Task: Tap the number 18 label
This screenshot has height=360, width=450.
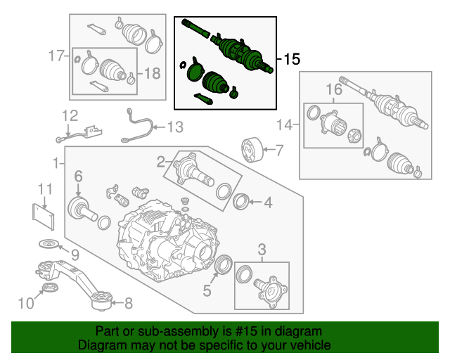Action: tap(153, 72)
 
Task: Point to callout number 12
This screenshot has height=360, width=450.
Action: tap(70, 115)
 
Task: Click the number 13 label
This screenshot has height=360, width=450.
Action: tap(174, 127)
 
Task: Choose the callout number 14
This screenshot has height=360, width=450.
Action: tap(283, 126)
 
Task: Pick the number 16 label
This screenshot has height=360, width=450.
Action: tap(333, 89)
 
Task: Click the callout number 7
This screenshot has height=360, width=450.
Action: tap(278, 150)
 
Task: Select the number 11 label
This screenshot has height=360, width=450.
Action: tap(45, 188)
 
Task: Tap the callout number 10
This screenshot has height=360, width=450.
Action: tap(25, 304)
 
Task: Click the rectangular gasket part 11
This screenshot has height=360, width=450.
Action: tap(44, 215)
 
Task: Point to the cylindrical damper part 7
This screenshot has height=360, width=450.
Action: tap(250, 150)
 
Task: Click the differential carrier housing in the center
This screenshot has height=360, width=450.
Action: tap(165, 239)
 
